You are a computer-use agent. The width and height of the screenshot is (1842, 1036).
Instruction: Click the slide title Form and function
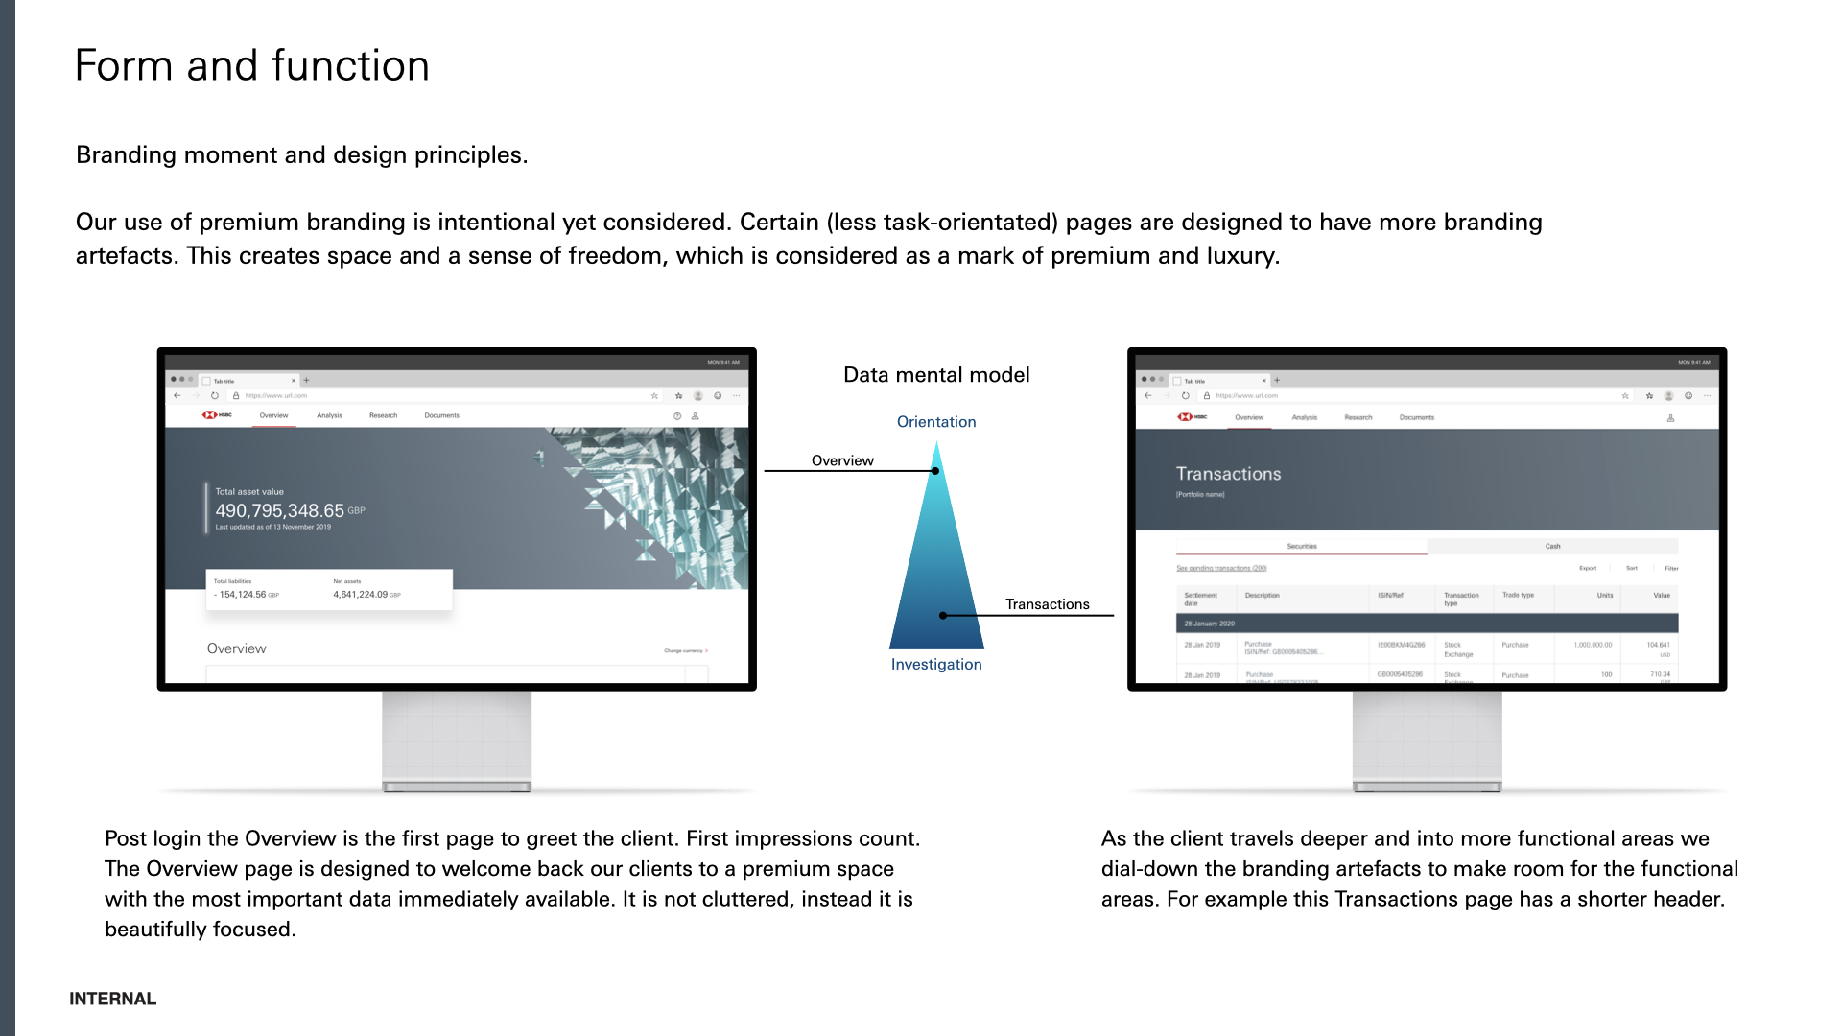(x=251, y=65)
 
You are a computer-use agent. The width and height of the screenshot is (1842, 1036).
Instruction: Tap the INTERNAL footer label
(x=112, y=999)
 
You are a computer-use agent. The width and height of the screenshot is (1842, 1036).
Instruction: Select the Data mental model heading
(x=936, y=375)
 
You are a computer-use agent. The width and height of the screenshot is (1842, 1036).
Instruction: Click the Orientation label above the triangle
(x=936, y=422)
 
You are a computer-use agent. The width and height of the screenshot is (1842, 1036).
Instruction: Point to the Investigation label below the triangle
(x=936, y=665)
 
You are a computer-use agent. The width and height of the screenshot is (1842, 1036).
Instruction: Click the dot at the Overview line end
(x=935, y=471)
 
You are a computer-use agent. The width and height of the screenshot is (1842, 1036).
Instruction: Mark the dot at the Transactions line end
(x=943, y=616)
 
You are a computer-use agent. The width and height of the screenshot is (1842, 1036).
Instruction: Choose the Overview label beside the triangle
(x=842, y=460)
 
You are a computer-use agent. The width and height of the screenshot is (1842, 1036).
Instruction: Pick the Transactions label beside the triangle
(x=1047, y=604)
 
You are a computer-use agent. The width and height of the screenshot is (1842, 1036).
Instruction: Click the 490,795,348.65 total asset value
(x=279, y=511)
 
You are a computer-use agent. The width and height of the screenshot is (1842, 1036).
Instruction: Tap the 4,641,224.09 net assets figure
(x=361, y=595)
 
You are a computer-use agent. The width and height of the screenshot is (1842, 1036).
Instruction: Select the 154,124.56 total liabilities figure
(x=243, y=595)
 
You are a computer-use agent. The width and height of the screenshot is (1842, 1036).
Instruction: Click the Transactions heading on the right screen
(x=1228, y=474)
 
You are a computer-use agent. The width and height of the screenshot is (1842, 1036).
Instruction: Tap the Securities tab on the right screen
(x=1301, y=546)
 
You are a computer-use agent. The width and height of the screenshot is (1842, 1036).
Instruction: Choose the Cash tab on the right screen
(x=1552, y=546)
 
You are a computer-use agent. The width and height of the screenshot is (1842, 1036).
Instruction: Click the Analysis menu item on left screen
(x=329, y=415)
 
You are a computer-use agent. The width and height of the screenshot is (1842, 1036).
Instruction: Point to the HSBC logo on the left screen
(x=217, y=415)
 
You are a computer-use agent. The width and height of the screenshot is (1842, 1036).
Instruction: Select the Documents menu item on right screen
(x=1416, y=417)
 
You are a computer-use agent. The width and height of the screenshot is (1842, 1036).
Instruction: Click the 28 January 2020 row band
(x=1426, y=624)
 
